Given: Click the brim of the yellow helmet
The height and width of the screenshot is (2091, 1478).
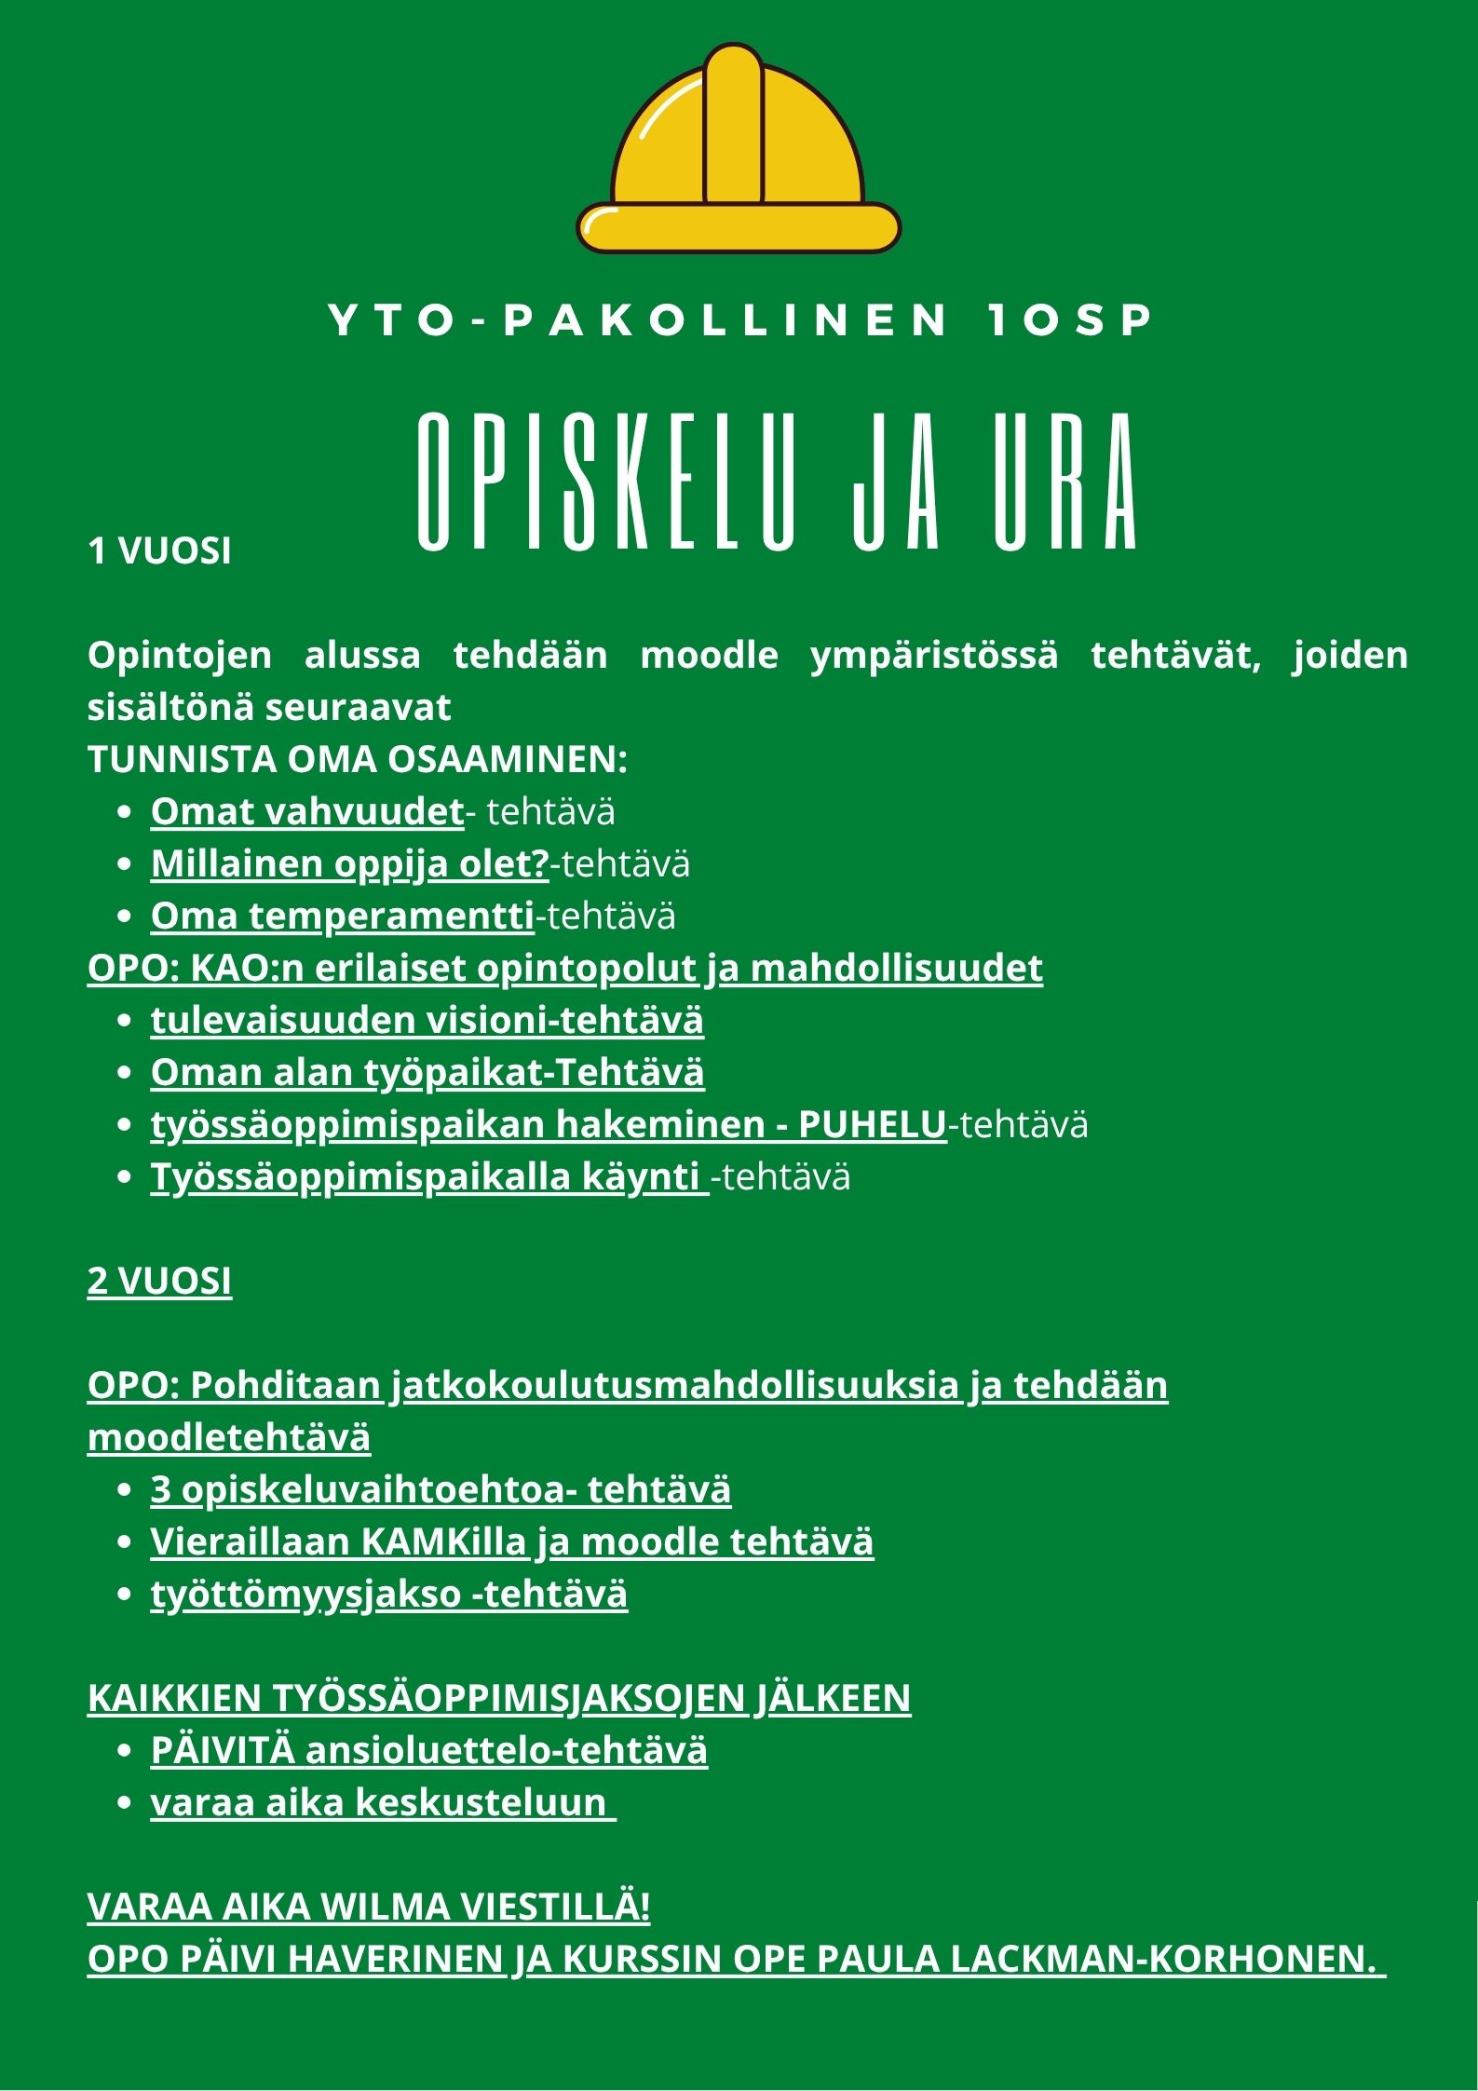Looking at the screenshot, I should [x=739, y=227].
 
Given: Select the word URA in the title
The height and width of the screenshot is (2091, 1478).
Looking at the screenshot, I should [x=1065, y=482].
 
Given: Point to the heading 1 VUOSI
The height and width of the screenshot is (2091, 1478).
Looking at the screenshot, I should [x=159, y=551].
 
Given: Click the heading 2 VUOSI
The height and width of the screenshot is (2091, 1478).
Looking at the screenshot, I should [x=159, y=1282].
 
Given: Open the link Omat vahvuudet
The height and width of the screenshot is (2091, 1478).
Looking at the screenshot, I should [x=307, y=811].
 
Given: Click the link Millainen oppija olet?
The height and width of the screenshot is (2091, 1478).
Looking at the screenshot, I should [x=349, y=863].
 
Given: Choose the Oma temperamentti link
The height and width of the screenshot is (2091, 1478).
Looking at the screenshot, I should [x=343, y=916].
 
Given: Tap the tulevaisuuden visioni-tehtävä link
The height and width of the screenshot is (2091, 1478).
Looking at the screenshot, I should [x=427, y=1020].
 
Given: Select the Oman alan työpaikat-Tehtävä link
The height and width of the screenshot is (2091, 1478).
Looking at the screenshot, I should [x=427, y=1072].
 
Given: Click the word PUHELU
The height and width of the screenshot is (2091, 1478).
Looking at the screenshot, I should [x=872, y=1124].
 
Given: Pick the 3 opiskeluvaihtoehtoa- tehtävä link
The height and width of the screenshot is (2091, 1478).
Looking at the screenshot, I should [x=441, y=1489].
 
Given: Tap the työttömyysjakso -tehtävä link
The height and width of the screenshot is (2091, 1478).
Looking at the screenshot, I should [x=389, y=1594].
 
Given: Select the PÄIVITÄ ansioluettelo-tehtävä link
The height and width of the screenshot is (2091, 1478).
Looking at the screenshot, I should [x=428, y=1750].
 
